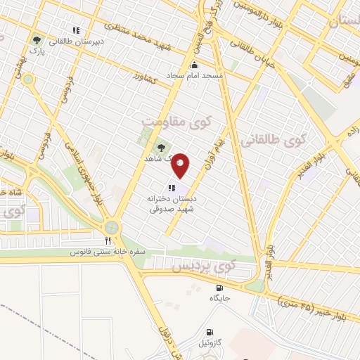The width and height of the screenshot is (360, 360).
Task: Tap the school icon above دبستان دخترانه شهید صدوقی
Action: pyautogui.click(x=171, y=188)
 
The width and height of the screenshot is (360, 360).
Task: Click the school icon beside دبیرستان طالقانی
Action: pyautogui.click(x=76, y=30)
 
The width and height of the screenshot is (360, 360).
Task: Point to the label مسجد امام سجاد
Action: pyautogui.click(x=195, y=73)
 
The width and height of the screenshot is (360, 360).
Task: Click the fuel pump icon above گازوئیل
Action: pyautogui.click(x=208, y=332)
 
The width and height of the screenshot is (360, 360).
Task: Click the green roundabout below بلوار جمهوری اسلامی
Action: pyautogui.click(x=111, y=227)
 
